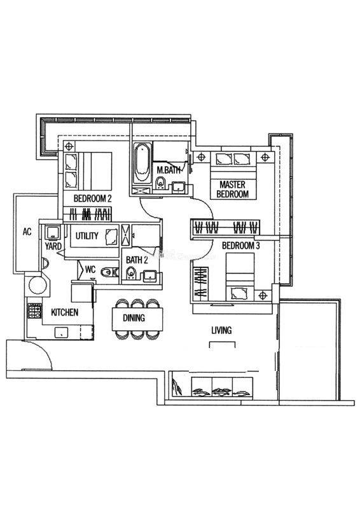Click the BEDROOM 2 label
tap(92, 198)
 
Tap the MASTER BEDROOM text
tap(232, 189)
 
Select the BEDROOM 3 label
tap(241, 246)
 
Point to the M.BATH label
tap(168, 170)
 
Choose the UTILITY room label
tap(87, 235)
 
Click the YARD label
tap(53, 246)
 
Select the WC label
tap(90, 269)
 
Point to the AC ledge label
tap(27, 232)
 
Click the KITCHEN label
tap(65, 312)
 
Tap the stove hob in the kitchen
tap(35, 310)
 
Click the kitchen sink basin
tap(61, 332)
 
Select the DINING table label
tap(134, 317)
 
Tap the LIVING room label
tap(221, 330)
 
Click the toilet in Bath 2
tap(131, 273)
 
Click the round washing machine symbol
tap(38, 285)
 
